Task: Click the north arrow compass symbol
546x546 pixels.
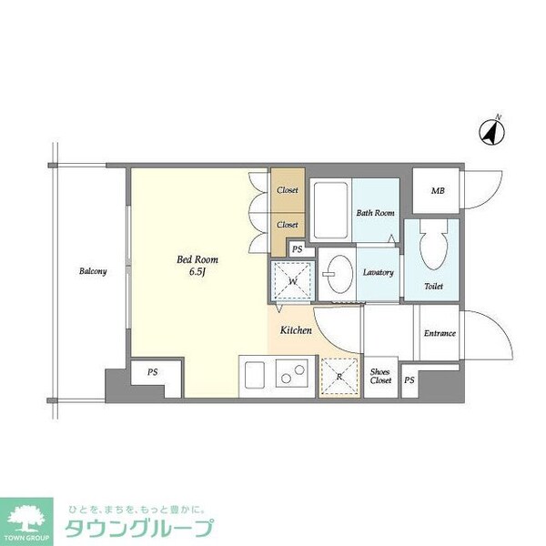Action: pyautogui.click(x=492, y=133)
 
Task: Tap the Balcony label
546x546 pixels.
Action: pyautogui.click(x=92, y=271)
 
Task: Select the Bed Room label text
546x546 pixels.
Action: pyautogui.click(x=197, y=259)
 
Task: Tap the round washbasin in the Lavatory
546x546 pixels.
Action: pyautogui.click(x=340, y=273)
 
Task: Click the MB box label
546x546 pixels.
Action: pyautogui.click(x=438, y=191)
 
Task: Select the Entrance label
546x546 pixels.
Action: pyautogui.click(x=440, y=333)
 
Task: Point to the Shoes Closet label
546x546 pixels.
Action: pyautogui.click(x=380, y=375)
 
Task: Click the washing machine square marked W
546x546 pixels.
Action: pyautogui.click(x=292, y=281)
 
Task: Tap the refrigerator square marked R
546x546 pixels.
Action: pyautogui.click(x=339, y=376)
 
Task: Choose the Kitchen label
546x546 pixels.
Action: pyautogui.click(x=296, y=330)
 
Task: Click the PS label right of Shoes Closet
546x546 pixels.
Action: pyautogui.click(x=409, y=379)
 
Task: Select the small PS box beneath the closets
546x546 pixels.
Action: pyautogui.click(x=297, y=248)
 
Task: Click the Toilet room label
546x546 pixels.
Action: pyautogui.click(x=435, y=286)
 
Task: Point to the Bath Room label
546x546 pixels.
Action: pyautogui.click(x=376, y=213)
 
